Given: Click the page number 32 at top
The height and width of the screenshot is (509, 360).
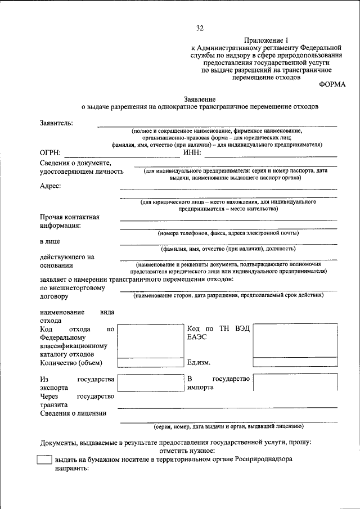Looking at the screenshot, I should [200, 28].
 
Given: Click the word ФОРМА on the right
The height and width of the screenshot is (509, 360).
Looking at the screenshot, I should [332, 84].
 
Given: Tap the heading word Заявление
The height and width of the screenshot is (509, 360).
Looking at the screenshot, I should [200, 98].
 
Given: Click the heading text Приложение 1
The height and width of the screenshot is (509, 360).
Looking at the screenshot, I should [266, 40].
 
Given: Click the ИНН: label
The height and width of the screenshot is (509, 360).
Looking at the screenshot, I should [191, 152].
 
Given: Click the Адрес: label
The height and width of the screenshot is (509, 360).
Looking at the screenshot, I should [51, 186].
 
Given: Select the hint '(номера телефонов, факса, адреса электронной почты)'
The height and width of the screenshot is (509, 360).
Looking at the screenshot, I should [228, 233].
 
